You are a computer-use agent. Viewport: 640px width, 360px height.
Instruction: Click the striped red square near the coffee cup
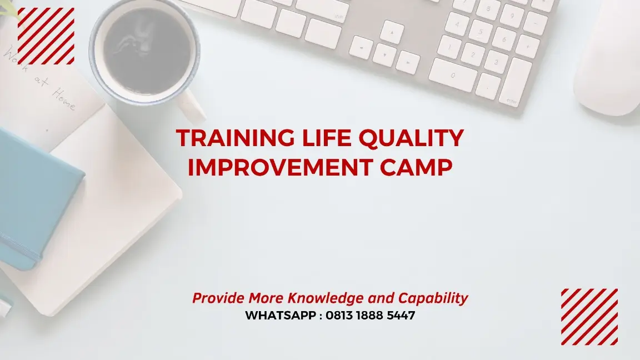click(46, 36)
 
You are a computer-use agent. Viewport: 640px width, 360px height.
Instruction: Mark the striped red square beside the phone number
click(589, 317)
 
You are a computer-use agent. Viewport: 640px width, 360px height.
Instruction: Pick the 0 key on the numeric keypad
click(453, 74)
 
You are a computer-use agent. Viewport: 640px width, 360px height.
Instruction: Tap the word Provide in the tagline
click(218, 298)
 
